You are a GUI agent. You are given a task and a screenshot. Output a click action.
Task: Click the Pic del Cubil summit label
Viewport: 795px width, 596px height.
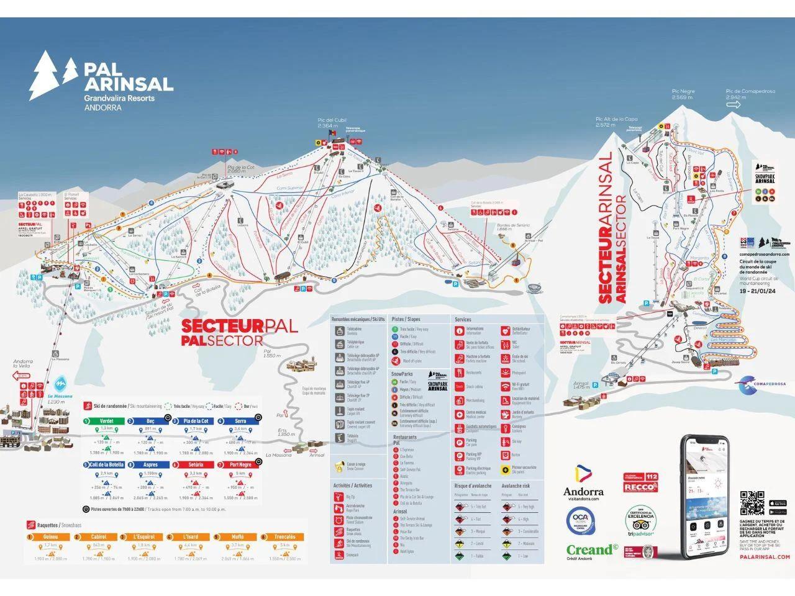tap(331, 122)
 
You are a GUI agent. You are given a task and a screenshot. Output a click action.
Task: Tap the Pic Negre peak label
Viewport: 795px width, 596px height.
tap(683, 94)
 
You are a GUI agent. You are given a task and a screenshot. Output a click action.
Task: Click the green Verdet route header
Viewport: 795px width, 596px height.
tap(106, 421)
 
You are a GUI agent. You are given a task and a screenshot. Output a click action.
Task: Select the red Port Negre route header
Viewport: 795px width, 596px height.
tap(240, 464)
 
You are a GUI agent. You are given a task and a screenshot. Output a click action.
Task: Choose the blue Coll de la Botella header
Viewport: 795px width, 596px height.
tap(106, 464)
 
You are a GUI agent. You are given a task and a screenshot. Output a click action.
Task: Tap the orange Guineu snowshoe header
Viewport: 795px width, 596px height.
tap(50, 536)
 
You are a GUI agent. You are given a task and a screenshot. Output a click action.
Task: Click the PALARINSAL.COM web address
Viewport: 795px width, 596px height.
tap(765, 557)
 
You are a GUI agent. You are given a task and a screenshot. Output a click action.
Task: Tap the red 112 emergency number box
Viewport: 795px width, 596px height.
tap(652, 477)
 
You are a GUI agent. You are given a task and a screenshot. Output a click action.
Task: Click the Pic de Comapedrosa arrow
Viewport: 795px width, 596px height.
tap(734, 105)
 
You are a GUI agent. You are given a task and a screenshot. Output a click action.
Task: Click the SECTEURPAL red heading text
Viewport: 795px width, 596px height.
tap(239, 326)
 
